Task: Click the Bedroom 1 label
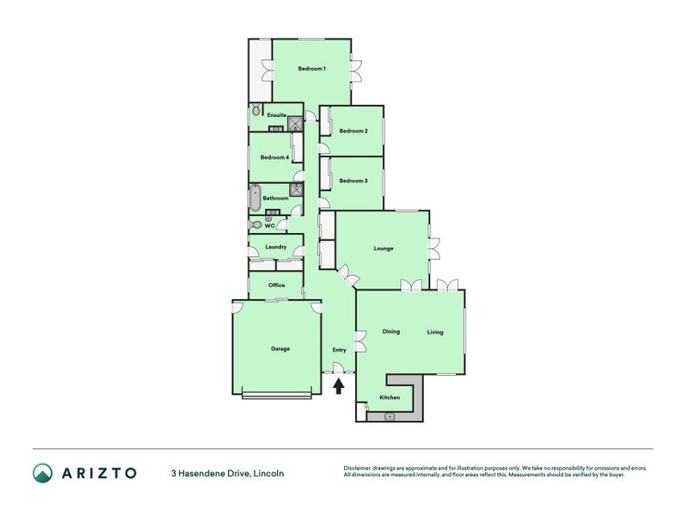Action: pyautogui.click(x=311, y=69)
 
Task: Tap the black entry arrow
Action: pyautogui.click(x=338, y=386)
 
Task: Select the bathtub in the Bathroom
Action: pyautogui.click(x=255, y=198)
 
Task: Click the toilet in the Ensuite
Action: pyautogui.click(x=256, y=109)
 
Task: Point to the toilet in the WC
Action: pyautogui.click(x=255, y=224)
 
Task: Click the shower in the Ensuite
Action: pyautogui.click(x=295, y=124)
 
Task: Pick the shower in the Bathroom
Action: pyautogui.click(x=297, y=189)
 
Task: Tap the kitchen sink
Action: pyautogui.click(x=390, y=416)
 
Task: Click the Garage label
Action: pyautogui.click(x=280, y=349)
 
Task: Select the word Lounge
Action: pyautogui.click(x=384, y=249)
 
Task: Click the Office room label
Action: pyautogui.click(x=276, y=286)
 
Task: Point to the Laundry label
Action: pyautogui.click(x=276, y=247)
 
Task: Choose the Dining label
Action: pyautogui.click(x=391, y=331)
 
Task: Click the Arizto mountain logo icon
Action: pyautogui.click(x=42, y=473)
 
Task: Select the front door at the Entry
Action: pyautogui.click(x=338, y=368)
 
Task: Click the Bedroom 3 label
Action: pyautogui.click(x=353, y=181)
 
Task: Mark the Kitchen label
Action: pyautogui.click(x=390, y=397)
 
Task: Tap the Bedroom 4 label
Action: pyautogui.click(x=274, y=157)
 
